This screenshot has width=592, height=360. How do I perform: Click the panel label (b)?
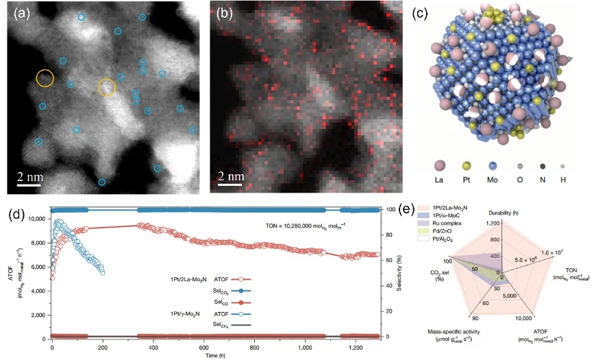coord(227,12)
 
